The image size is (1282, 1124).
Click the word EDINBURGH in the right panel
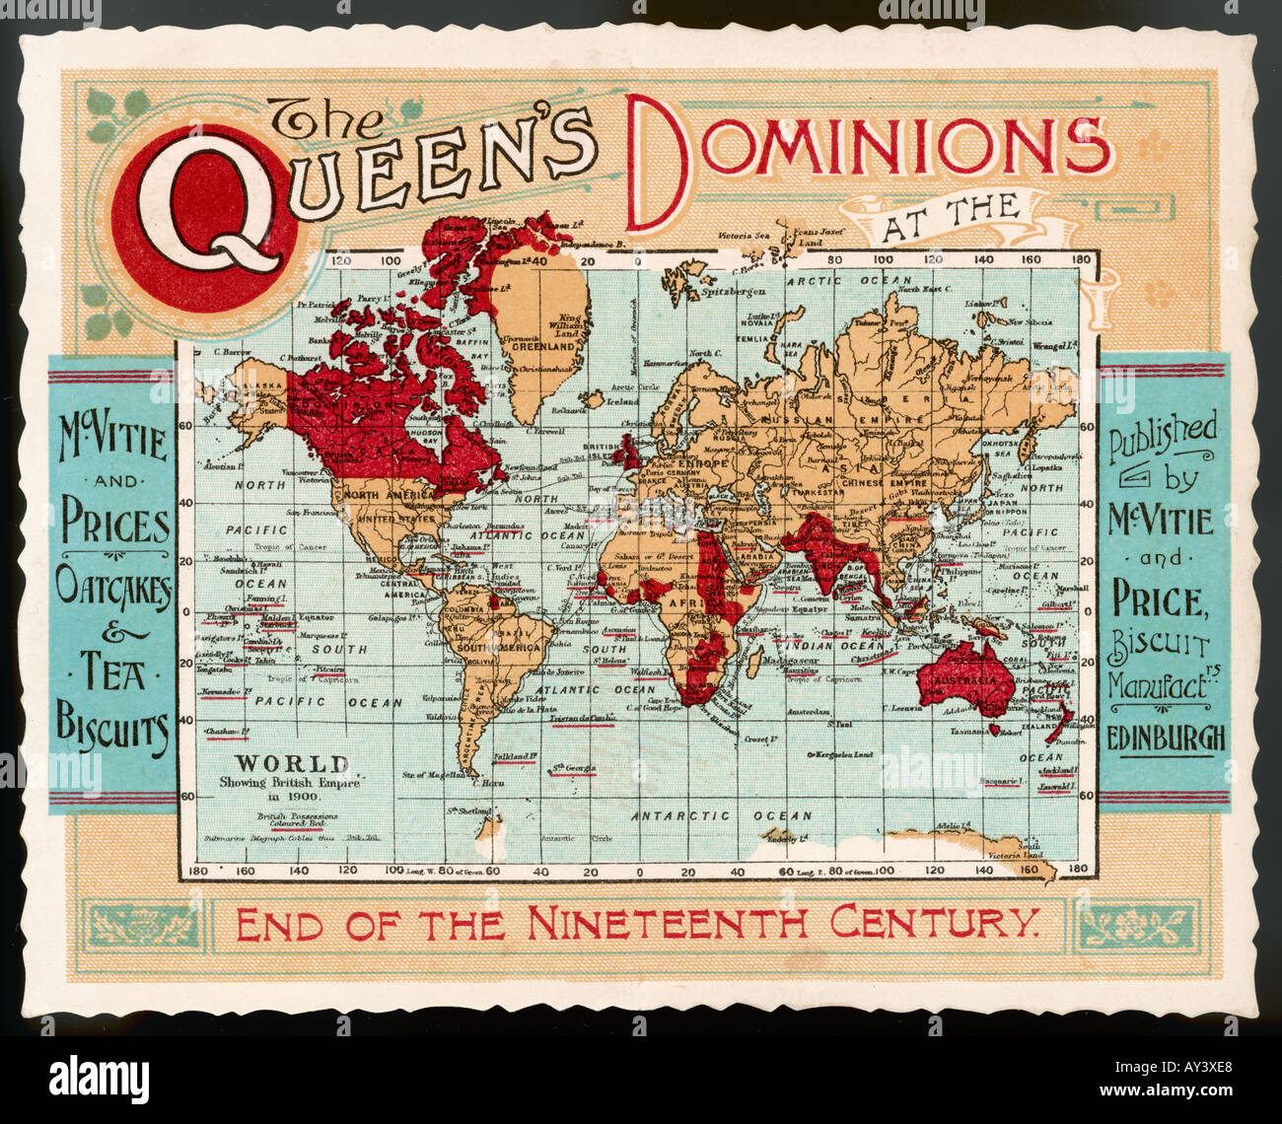(1166, 738)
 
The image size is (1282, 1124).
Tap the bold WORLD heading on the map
(291, 764)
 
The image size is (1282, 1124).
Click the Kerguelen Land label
(843, 754)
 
